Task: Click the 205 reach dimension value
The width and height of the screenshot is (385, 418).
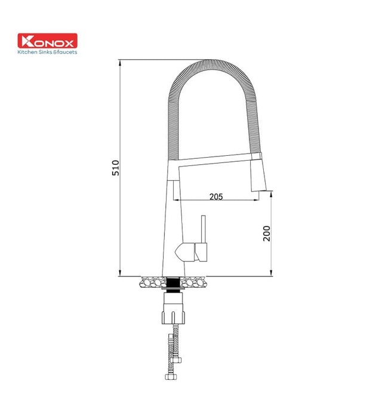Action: (x=217, y=196)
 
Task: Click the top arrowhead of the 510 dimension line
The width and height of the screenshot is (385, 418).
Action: (x=120, y=62)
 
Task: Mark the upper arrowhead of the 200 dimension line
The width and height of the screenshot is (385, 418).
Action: (x=272, y=195)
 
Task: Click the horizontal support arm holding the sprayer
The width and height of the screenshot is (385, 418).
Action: (x=215, y=159)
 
